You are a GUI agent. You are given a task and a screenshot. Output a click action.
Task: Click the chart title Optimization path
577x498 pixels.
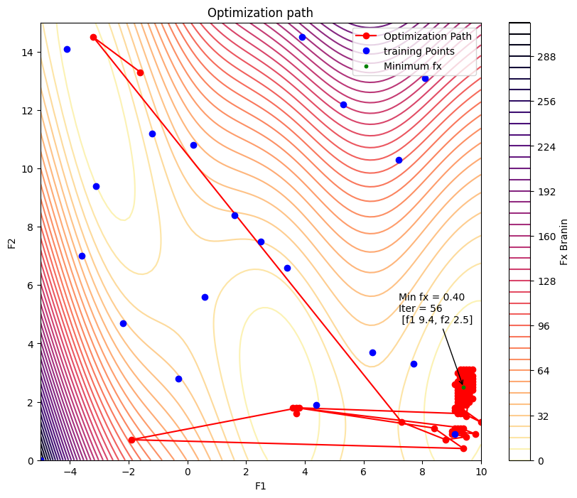pos(260,13)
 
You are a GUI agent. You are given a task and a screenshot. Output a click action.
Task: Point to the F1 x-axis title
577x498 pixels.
pos(260,486)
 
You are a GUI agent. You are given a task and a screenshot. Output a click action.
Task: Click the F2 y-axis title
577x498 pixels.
pos(11,242)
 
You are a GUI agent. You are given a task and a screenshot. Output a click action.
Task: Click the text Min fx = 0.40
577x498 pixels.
pos(431,297)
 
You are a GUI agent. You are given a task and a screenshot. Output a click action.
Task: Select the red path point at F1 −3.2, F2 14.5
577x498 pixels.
pos(93,38)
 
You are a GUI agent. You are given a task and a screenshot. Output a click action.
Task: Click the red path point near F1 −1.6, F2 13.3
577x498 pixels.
pos(140,72)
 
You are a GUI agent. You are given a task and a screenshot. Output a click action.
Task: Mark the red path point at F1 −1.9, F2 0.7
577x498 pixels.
pos(131,440)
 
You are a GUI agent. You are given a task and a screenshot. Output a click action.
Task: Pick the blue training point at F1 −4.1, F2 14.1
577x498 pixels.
pos(67,49)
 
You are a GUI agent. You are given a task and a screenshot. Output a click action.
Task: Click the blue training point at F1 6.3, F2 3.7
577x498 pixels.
pos(372,352)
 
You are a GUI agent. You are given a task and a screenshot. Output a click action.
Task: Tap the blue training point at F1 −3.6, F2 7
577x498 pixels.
pos(82,256)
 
